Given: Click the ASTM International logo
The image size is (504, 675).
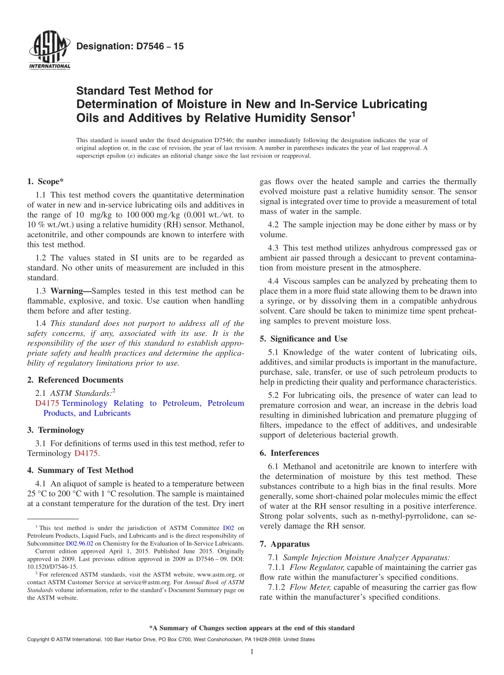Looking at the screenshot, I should pyautogui.click(x=49, y=50).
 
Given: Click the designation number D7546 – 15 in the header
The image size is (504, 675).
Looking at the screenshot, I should pyautogui.click(x=130, y=47).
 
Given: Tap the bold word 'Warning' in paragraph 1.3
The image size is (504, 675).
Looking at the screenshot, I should pyautogui.click(x=69, y=291).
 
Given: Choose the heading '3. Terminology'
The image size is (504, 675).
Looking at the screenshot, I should pyautogui.click(x=55, y=430).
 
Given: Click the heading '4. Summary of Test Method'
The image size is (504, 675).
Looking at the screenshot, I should pyautogui.click(x=80, y=470).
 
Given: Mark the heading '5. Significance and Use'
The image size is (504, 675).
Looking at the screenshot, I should pyautogui.click(x=303, y=339).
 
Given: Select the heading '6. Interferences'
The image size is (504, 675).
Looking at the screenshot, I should pyautogui.click(x=289, y=453).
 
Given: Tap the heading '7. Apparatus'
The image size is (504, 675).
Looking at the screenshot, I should pyautogui.click(x=284, y=544).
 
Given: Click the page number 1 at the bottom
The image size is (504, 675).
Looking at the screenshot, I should pyautogui.click(x=252, y=652).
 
